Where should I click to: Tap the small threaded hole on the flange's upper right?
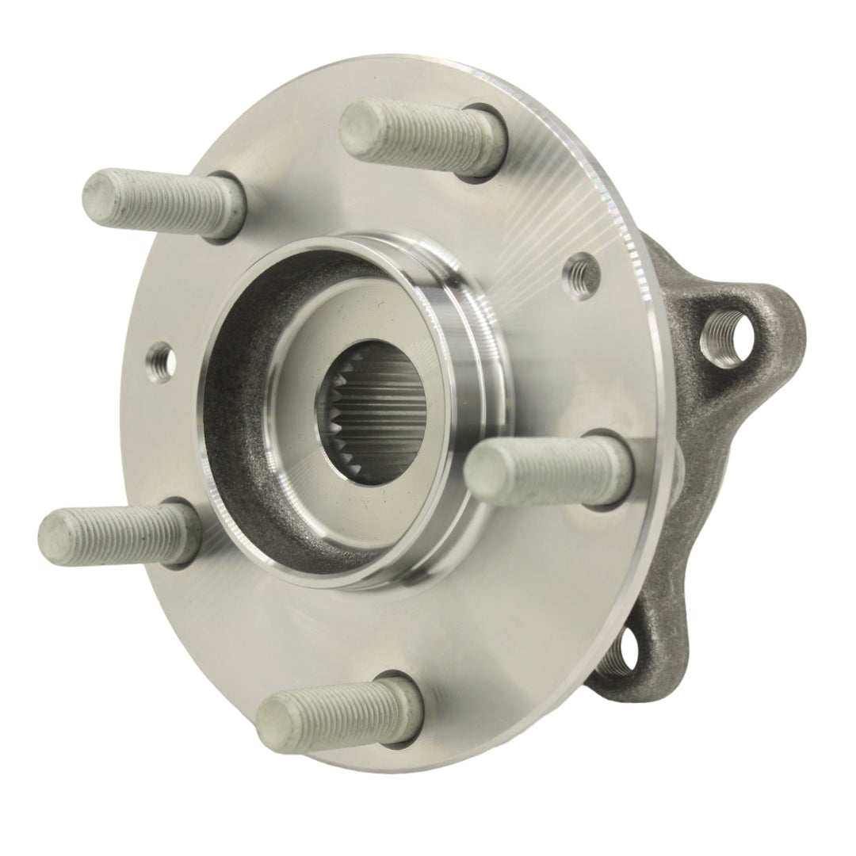[582, 271]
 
